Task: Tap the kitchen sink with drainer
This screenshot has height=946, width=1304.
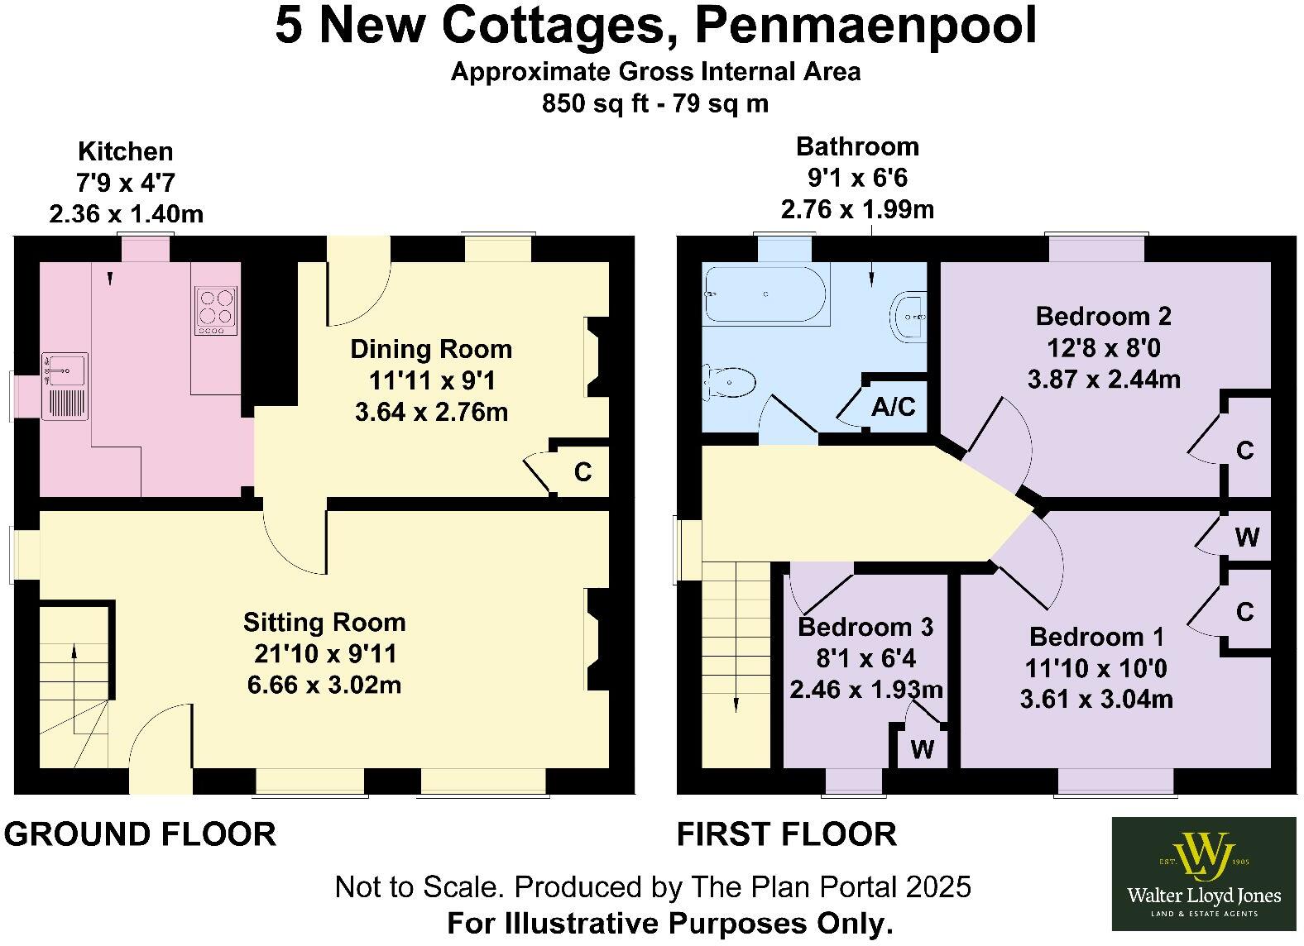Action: (65, 386)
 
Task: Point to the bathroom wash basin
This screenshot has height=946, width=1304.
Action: (911, 316)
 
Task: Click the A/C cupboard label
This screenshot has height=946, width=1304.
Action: (894, 407)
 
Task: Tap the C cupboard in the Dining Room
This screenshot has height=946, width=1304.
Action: (582, 471)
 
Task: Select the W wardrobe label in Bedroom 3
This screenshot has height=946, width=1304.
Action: (922, 749)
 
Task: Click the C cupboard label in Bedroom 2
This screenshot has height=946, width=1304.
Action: (1245, 451)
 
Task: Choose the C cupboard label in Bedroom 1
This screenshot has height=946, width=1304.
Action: (1245, 612)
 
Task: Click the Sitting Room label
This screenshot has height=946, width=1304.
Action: (324, 622)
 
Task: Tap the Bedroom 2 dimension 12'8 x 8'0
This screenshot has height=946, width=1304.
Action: (1104, 347)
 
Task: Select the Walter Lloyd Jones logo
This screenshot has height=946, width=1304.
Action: (1203, 874)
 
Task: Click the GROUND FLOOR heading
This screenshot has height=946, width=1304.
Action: (140, 834)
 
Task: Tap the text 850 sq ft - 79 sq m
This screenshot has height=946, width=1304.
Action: (654, 104)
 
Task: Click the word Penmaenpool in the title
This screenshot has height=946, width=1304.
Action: (865, 26)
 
